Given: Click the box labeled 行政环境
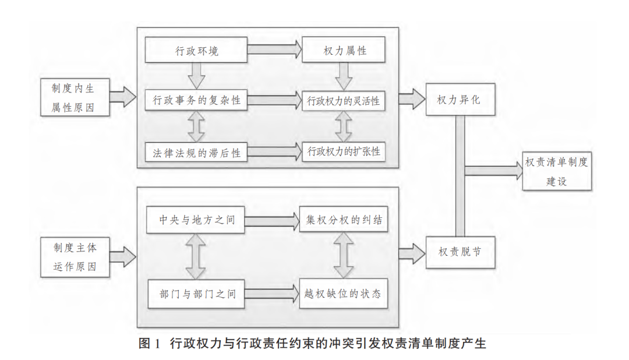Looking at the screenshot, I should pos(197,51).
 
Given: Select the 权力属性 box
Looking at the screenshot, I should pos(344,51).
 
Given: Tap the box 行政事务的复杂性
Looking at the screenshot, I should pos(197,100).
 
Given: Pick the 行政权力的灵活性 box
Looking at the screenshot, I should pos(344,100).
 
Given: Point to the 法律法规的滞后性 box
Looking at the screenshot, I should pos(197,153).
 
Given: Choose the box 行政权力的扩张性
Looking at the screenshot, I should pos(344,152).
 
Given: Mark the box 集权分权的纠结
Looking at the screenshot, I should pos(343,220).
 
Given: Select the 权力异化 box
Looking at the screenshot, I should pos(459,100).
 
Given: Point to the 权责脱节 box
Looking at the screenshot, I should pos(459,252).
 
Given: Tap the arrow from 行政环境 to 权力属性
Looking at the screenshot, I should pos(274,51).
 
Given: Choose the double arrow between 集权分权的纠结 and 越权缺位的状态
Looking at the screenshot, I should pos(344,256).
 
